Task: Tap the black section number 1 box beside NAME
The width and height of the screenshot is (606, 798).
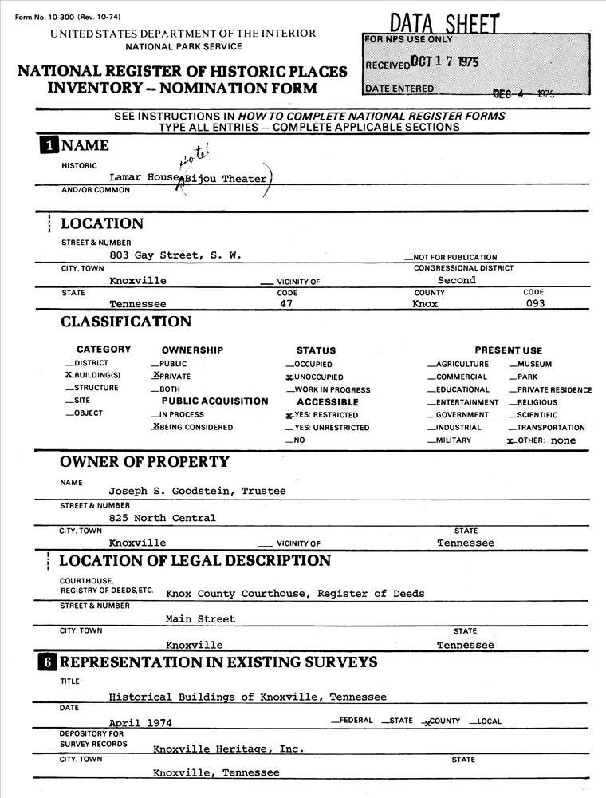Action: (x=49, y=145)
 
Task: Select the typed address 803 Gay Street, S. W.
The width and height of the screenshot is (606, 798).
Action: (x=175, y=255)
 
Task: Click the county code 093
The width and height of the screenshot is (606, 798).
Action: (x=547, y=304)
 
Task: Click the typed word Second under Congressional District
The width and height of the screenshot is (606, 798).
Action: (x=457, y=280)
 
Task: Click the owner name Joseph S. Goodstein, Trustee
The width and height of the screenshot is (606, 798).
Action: (x=197, y=492)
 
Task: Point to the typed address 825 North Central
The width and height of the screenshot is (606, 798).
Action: (x=163, y=518)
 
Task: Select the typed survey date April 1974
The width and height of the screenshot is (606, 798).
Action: (x=140, y=722)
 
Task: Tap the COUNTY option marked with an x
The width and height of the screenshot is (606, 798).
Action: (x=442, y=721)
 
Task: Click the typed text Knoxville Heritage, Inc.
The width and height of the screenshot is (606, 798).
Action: (x=228, y=749)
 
